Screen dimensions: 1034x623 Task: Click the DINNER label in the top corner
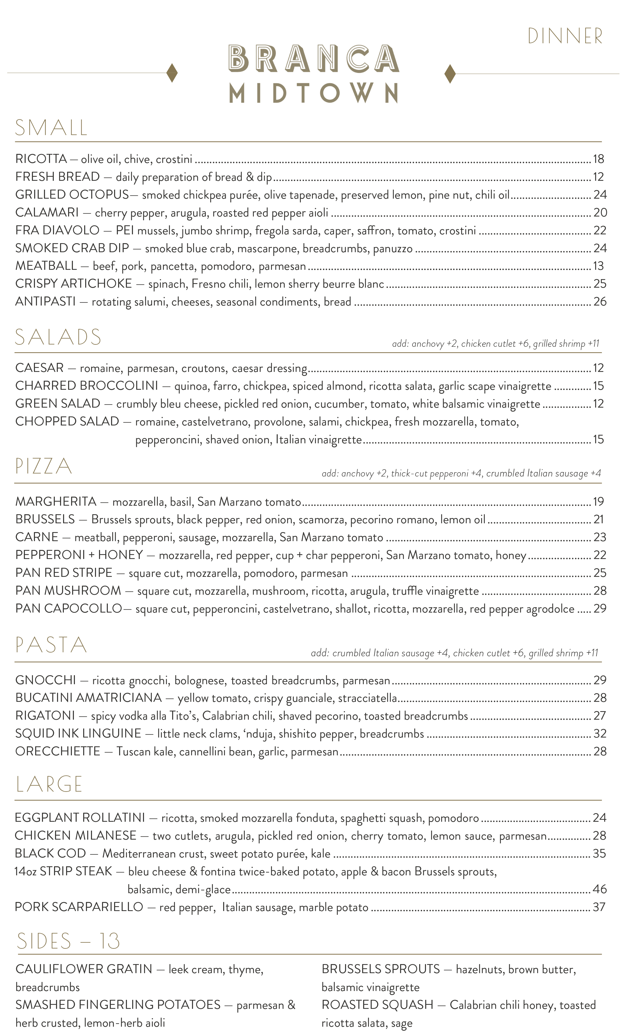(565, 36)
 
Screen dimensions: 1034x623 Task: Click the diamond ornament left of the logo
(172, 73)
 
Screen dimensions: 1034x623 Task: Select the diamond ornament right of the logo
(450, 74)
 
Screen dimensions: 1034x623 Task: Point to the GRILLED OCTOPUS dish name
(72, 195)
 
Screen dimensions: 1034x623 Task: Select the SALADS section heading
(58, 337)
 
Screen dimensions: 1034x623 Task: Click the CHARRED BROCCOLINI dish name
(86, 386)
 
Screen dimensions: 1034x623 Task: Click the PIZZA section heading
(44, 466)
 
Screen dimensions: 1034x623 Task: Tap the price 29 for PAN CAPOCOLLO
(600, 609)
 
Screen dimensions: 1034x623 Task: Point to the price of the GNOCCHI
(600, 680)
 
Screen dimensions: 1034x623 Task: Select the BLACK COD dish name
(50, 853)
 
